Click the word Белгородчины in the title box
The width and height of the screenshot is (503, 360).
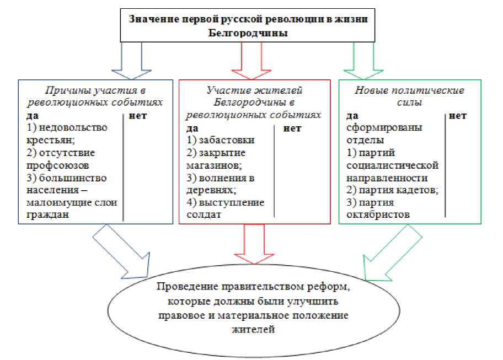coord(249,33)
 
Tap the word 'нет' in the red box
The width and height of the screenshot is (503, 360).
coord(292,128)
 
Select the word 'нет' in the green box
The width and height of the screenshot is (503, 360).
coord(458,116)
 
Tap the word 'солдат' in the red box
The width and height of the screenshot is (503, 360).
coord(204,214)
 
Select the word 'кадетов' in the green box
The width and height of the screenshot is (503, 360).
coord(418,190)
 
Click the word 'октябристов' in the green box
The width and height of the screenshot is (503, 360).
coord(378,214)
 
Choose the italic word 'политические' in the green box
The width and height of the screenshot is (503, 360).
coord(434,90)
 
